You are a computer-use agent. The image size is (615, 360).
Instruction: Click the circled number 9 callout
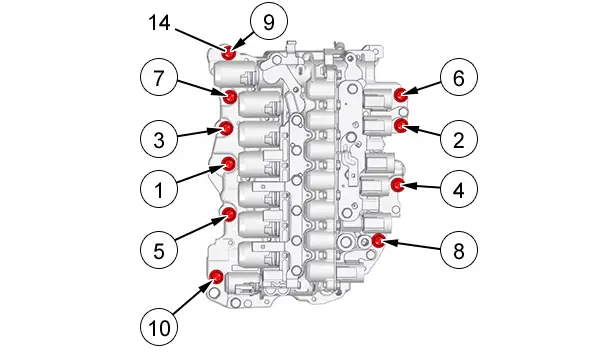[x=269, y=22]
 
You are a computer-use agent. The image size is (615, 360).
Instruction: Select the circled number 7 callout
[x=159, y=78]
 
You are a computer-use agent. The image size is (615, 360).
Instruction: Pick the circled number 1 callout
[x=159, y=189]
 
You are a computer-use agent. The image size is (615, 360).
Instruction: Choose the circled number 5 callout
[x=159, y=250]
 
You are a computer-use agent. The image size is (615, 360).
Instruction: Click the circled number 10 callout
[x=159, y=327]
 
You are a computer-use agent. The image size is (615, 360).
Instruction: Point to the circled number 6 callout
[x=459, y=78]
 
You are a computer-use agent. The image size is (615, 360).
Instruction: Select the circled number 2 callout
[x=459, y=139]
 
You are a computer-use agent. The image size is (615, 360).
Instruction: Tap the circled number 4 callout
[x=459, y=189]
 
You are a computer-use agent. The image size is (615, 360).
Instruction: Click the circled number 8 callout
[x=459, y=250]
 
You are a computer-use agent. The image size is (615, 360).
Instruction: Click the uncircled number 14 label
[x=159, y=22]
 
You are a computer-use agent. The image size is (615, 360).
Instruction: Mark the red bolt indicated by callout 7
[x=230, y=96]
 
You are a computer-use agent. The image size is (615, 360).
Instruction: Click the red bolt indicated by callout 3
[x=226, y=128]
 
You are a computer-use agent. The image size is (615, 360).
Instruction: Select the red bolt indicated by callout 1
[x=229, y=164]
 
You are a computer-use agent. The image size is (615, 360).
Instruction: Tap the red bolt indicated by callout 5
[x=229, y=214]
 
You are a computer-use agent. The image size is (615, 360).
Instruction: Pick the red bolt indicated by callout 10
[x=216, y=276]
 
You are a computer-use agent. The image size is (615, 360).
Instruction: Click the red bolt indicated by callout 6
[x=400, y=95]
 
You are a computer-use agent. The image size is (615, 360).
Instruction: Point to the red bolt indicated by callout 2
[x=400, y=125]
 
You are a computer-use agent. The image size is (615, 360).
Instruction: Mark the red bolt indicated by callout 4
[x=398, y=184]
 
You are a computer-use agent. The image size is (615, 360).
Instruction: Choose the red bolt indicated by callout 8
[x=378, y=240]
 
